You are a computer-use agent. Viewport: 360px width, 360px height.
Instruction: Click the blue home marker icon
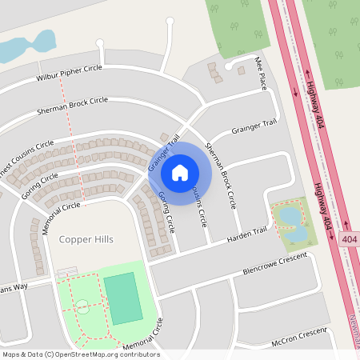point(180,173)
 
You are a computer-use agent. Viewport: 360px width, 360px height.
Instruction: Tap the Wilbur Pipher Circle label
point(69,74)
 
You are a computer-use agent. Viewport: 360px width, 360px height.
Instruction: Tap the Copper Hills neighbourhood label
point(86,239)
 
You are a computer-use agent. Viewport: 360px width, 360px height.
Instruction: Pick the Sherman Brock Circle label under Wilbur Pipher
point(71,105)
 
